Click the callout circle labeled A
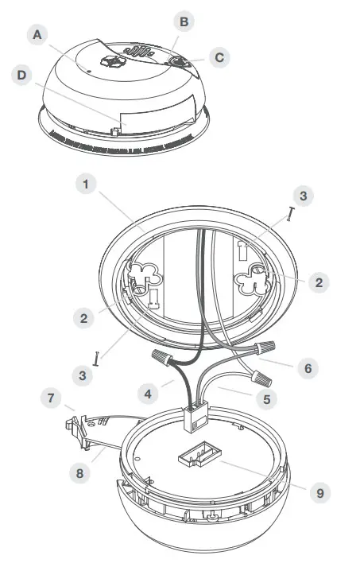click(37, 35)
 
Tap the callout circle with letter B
click(184, 21)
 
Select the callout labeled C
click(219, 57)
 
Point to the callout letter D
click(22, 76)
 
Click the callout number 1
click(86, 184)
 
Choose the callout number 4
click(148, 394)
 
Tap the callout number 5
click(267, 399)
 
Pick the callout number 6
click(308, 368)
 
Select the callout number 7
click(51, 398)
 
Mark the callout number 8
click(80, 473)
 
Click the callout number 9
click(320, 493)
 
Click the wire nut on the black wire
click(162, 357)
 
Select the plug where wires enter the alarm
click(194, 418)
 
